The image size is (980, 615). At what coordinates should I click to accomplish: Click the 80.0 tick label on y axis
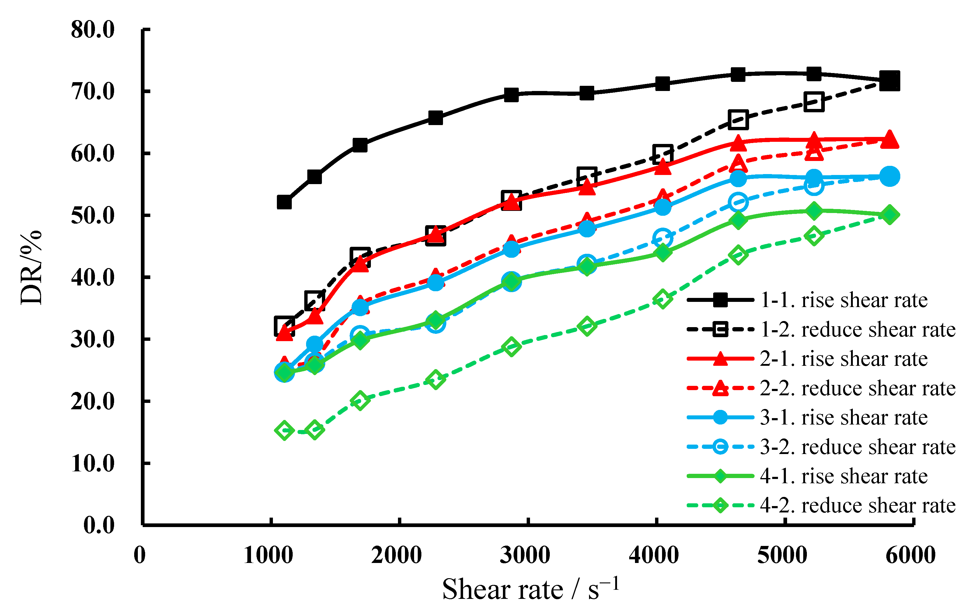(x=93, y=30)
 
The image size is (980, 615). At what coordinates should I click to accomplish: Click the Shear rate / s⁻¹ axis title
(x=531, y=589)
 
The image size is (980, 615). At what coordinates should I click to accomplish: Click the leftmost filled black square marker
(x=284, y=202)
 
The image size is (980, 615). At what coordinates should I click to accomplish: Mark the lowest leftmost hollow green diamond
(x=284, y=430)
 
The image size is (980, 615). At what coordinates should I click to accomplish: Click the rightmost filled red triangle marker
(x=889, y=139)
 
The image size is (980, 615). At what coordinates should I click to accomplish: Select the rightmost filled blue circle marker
(x=889, y=176)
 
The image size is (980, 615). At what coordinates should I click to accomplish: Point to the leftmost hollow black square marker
(x=284, y=326)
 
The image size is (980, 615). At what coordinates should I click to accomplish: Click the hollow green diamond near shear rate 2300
(x=435, y=380)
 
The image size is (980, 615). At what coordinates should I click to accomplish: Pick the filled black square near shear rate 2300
(x=435, y=118)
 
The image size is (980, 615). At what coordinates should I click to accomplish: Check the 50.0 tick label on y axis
(x=93, y=215)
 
